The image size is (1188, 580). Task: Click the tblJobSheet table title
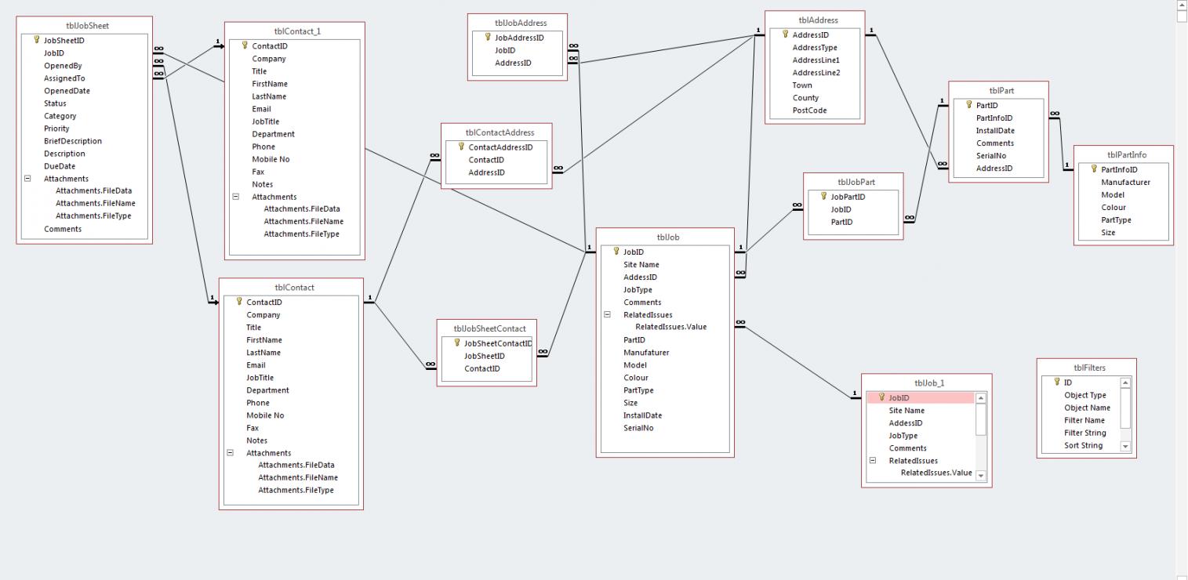pyautogui.click(x=84, y=25)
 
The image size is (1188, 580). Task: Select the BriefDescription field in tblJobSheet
pyautogui.click(x=72, y=141)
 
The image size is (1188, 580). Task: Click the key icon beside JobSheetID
pyautogui.click(x=36, y=40)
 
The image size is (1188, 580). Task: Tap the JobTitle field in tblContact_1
pyautogui.click(x=265, y=121)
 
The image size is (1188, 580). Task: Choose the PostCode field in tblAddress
pyautogui.click(x=809, y=111)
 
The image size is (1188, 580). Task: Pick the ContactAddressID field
pyautogui.click(x=500, y=147)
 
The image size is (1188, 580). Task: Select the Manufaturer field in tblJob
pyautogui.click(x=646, y=353)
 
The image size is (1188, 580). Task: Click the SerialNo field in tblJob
pyautogui.click(x=638, y=428)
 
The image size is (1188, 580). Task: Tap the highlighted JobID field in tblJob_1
pyautogui.click(x=899, y=398)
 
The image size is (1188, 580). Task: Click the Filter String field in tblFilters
pyautogui.click(x=1084, y=433)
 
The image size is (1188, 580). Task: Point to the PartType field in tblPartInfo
pyautogui.click(x=1116, y=220)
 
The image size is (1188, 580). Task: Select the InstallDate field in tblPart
pyautogui.click(x=995, y=131)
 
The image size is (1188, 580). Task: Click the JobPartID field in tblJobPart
pyautogui.click(x=848, y=197)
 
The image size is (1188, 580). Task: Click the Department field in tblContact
pyautogui.click(x=267, y=390)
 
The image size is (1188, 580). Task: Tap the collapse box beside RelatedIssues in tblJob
pyautogui.click(x=607, y=315)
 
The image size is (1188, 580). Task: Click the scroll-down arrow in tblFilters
pyautogui.click(x=1126, y=447)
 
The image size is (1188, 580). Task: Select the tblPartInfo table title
pyautogui.click(x=1123, y=154)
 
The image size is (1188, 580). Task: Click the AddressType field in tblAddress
pyautogui.click(x=815, y=48)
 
